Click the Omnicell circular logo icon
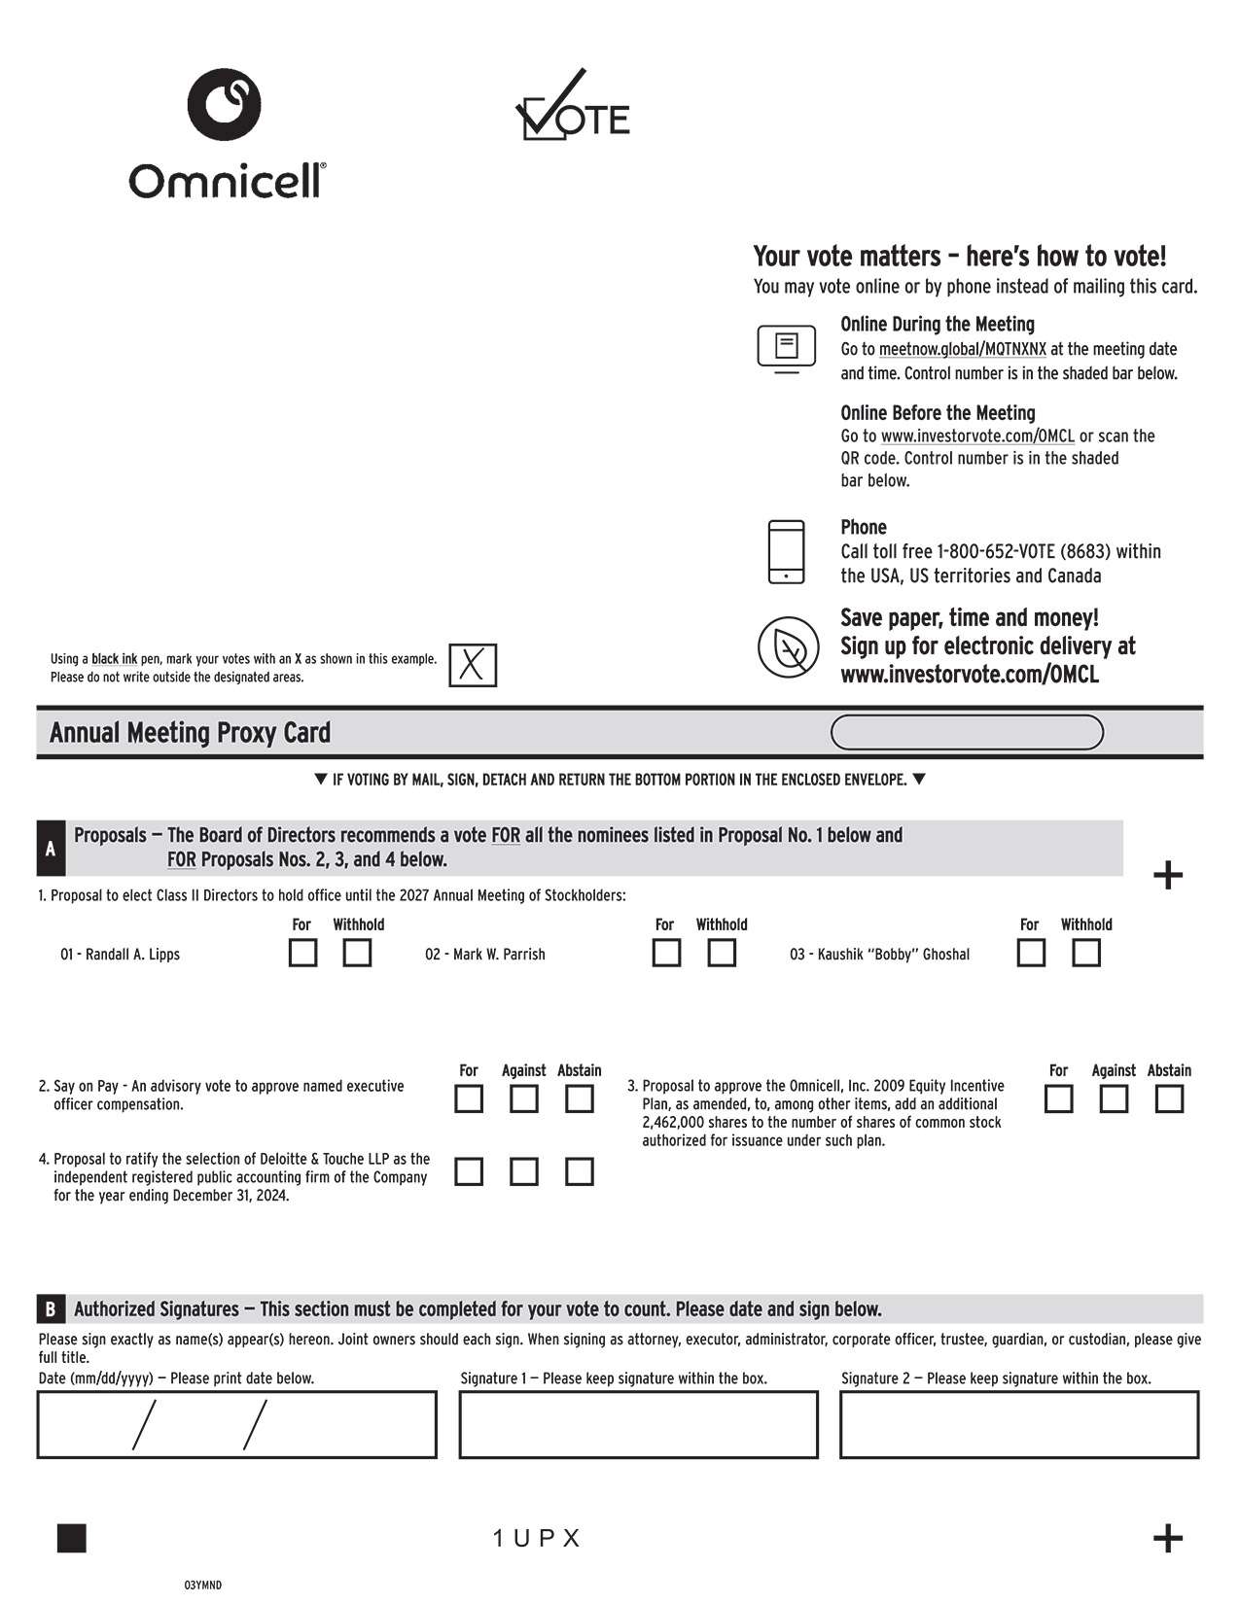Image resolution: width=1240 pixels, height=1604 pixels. coord(224,104)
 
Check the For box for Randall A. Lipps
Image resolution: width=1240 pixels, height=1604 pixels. coord(302,953)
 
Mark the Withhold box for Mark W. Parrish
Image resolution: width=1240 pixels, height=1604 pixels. coord(721,953)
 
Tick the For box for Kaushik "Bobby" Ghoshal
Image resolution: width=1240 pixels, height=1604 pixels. coord(1030,953)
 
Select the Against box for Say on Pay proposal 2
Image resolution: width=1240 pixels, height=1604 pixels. coord(523,1098)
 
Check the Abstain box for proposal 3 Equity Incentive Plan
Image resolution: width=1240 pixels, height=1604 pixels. coord(1168,1098)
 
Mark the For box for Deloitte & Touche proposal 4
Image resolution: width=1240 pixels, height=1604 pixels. coord(469,1171)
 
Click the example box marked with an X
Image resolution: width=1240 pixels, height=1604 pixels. coord(473,665)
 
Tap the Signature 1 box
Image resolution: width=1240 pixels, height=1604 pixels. coord(638,1424)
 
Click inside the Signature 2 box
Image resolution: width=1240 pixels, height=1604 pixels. coord(1018,1424)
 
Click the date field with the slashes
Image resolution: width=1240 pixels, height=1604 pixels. coord(236,1424)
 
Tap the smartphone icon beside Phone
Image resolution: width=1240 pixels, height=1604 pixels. coord(786,551)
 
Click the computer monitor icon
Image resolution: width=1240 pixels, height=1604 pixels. coord(786,348)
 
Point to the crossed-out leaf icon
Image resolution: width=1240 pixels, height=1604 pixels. coord(788,646)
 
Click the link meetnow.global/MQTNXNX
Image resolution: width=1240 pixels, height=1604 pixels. coord(962,349)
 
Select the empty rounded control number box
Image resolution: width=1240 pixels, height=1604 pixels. coord(967,732)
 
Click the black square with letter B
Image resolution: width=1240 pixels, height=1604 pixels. coord(51,1308)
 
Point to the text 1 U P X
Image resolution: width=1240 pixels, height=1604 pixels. coord(536,1538)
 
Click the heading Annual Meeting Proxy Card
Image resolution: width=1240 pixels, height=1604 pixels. coord(190,733)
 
